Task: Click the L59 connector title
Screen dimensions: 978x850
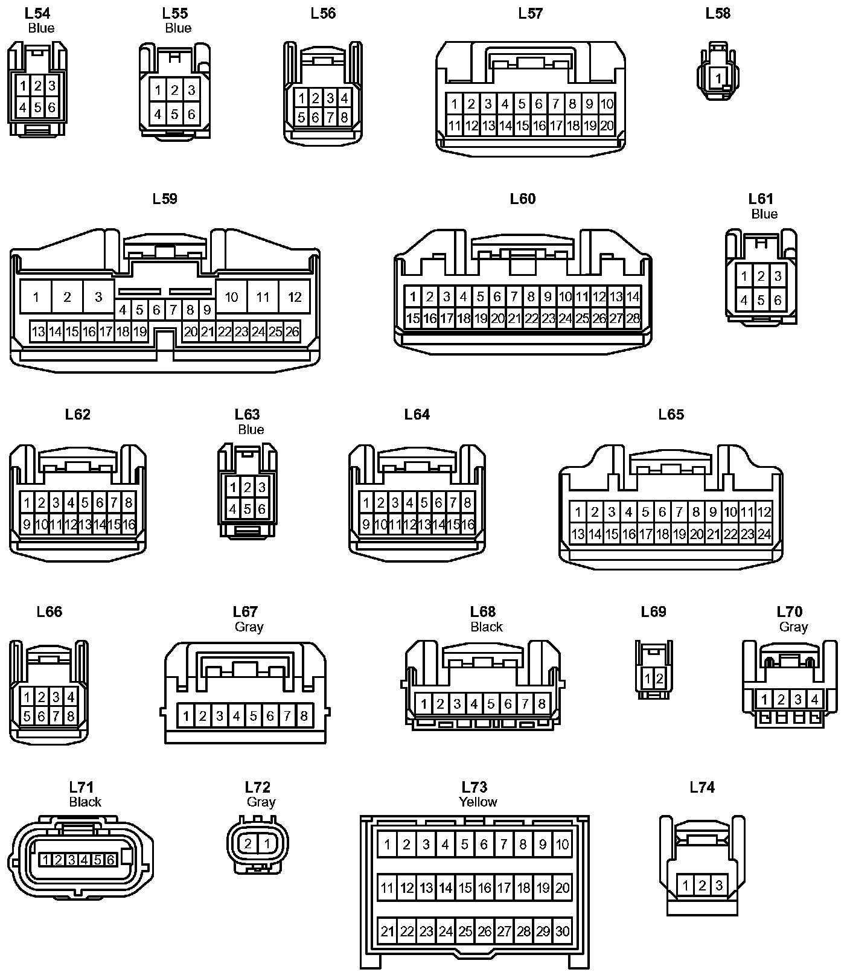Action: tap(165, 199)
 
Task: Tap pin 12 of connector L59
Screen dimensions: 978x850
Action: tap(295, 296)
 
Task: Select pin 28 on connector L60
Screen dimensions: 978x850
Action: tap(633, 318)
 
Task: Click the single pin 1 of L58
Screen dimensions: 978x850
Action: tap(718, 78)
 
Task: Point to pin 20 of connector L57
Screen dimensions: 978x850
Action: tap(607, 126)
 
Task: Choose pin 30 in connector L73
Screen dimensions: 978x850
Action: tap(562, 931)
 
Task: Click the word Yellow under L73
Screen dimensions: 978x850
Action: tap(478, 802)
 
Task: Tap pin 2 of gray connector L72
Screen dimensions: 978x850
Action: tap(248, 843)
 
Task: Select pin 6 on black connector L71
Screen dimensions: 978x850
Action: tap(110, 860)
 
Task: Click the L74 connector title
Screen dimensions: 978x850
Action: tap(702, 787)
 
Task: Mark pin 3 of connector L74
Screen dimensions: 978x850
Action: tap(718, 886)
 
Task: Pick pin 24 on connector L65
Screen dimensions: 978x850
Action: tap(764, 534)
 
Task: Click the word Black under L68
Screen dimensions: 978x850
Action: tap(486, 627)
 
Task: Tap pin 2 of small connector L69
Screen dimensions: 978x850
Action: tap(659, 679)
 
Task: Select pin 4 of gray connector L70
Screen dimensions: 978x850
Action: tap(814, 700)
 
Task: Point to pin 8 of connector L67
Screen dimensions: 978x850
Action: tap(304, 716)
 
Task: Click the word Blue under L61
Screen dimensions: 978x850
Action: tap(764, 214)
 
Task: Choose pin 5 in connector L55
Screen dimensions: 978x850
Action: tap(174, 113)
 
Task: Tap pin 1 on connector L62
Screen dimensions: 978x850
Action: tap(27, 502)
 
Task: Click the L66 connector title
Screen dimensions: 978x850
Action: tap(50, 612)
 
